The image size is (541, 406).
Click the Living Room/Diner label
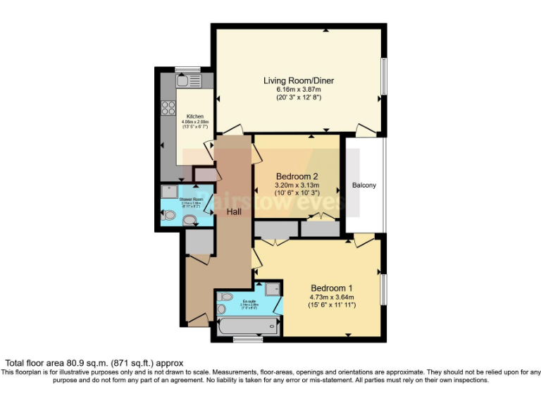point(299,80)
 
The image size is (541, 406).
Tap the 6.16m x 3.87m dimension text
point(299,90)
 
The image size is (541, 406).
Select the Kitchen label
point(195,116)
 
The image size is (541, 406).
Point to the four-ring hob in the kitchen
point(169,108)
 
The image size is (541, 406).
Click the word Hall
point(235,210)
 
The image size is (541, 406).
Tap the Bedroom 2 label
point(297,176)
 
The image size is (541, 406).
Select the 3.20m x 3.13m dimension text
point(297,185)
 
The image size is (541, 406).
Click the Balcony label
point(364,185)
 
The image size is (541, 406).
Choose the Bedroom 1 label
point(332,288)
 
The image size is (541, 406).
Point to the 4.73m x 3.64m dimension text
point(332,297)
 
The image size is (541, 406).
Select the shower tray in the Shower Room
point(170,191)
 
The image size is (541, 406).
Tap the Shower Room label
point(191,199)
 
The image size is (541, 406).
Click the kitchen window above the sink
point(188,69)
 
